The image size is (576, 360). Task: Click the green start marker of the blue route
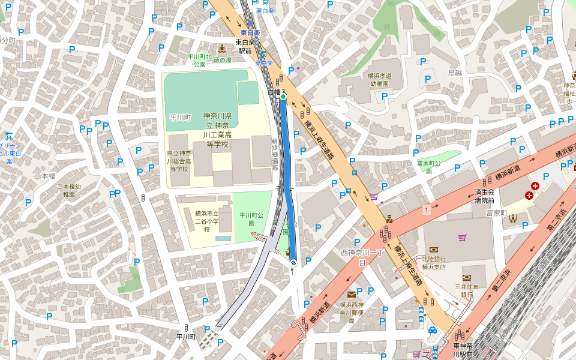tap(283, 96)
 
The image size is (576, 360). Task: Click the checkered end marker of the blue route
tap(293, 262)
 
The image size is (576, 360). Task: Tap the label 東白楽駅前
tap(245, 47)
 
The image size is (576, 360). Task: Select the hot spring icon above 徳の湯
tap(222, 49)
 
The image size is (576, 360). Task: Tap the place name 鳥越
tap(455, 73)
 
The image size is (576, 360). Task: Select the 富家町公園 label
tap(428, 167)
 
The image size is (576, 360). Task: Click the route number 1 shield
tap(426, 209)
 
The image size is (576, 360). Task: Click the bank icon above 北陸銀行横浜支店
tap(433, 250)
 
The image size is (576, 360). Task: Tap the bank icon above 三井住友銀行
tap(467, 277)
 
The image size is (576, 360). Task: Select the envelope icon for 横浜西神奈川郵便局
tap(351, 294)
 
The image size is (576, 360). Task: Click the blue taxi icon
tap(433, 330)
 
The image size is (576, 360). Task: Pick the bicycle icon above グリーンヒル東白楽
tap(8, 136)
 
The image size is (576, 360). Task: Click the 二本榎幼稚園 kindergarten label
tap(70, 190)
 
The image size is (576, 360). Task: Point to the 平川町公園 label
tap(252, 219)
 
